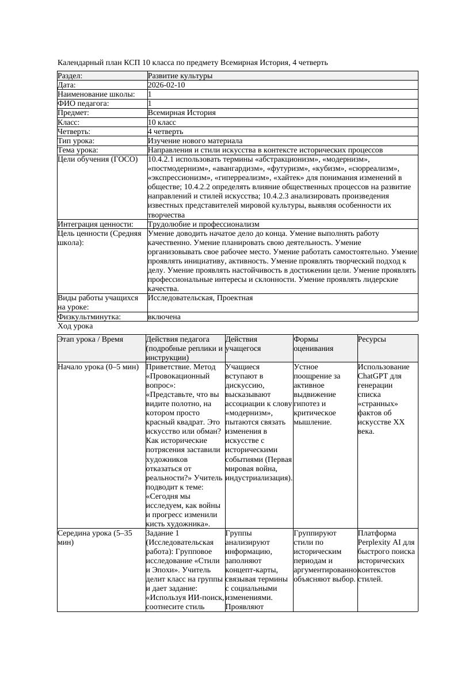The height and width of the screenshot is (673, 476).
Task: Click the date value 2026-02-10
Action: pyautogui.click(x=166, y=85)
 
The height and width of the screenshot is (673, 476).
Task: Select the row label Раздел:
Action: pyautogui.click(x=70, y=76)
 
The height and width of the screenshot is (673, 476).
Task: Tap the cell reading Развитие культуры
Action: pyautogui.click(x=180, y=76)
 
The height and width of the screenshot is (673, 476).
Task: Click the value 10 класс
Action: pyautogui.click(x=162, y=123)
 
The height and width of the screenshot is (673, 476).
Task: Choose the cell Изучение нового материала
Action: pyautogui.click(x=195, y=141)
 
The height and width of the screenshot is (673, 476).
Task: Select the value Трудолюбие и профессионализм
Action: pyautogui.click(x=203, y=224)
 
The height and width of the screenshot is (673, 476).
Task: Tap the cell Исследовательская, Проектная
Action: pyautogui.click(x=200, y=298)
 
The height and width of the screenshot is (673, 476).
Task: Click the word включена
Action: pyautogui.click(x=164, y=317)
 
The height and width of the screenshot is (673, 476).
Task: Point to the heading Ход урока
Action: pyautogui.click(x=75, y=326)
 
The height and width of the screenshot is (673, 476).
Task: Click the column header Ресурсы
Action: pyautogui.click(x=372, y=339)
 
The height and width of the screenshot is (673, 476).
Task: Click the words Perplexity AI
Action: pyautogui.click(x=380, y=542)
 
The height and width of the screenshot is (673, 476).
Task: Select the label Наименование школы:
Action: pyautogui.click(x=96, y=94)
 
